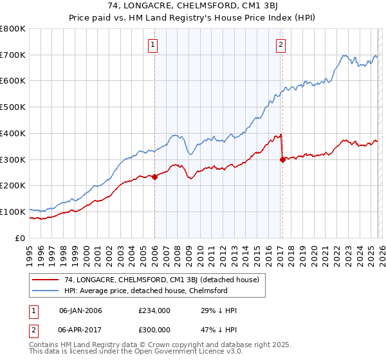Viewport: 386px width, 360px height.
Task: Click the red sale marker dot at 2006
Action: tap(154, 177)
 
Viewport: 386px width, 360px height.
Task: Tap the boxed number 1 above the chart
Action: tap(153, 44)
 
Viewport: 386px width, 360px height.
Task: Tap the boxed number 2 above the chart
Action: tap(281, 44)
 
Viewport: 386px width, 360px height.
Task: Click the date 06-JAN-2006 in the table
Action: tap(80, 310)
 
